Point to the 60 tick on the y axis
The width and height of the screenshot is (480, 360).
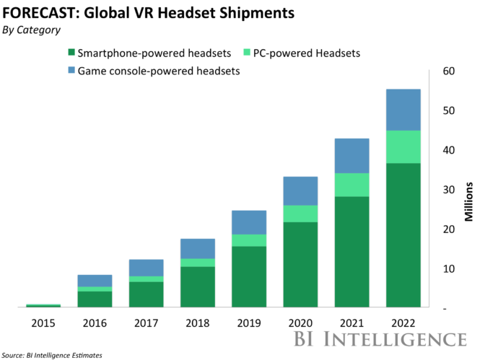(x=448, y=71)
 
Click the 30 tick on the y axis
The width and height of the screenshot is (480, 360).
(x=448, y=190)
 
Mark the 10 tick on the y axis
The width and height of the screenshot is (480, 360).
(x=448, y=269)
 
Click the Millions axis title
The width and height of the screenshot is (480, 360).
(x=469, y=201)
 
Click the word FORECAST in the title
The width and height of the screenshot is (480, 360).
(x=33, y=14)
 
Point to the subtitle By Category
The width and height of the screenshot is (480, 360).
(x=32, y=30)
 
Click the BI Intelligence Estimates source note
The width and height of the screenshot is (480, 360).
(x=51, y=355)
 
